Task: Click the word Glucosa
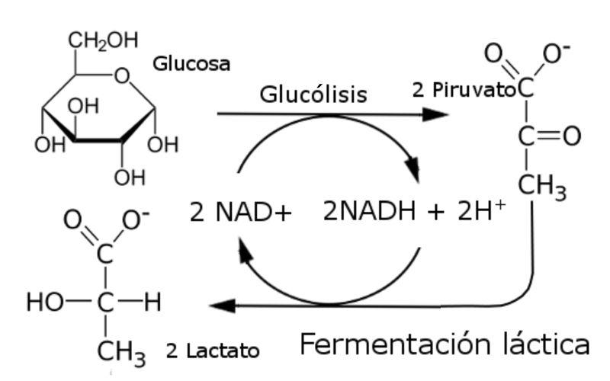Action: pos(191,64)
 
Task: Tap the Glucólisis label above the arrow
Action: pos(313,94)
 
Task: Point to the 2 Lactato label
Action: pos(212,351)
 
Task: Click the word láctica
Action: pos(540,344)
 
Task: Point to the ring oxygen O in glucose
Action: pos(123,75)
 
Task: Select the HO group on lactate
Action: pos(43,303)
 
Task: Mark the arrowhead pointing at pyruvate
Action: pos(434,115)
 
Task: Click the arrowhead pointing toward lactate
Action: pos(221,306)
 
